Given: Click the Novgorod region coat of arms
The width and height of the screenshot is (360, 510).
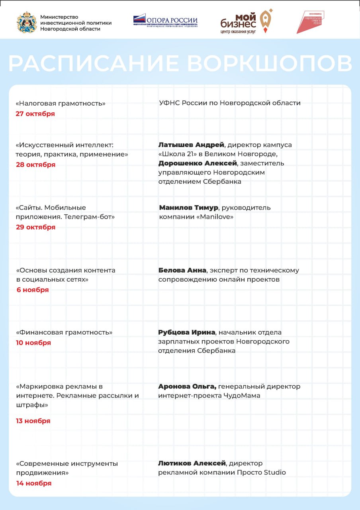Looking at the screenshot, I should [27, 23].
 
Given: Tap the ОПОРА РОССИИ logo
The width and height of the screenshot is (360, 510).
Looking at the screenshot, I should [165, 20].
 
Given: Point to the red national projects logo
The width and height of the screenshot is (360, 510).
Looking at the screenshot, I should [311, 22].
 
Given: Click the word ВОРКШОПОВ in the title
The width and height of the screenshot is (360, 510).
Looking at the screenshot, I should [270, 63].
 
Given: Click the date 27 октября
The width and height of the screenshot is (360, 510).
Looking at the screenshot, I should [35, 114].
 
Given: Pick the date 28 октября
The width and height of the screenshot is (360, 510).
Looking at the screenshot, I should [35, 165].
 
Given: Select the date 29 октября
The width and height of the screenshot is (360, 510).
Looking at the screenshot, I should [35, 227].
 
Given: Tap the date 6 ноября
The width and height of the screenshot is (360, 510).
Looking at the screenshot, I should [33, 290].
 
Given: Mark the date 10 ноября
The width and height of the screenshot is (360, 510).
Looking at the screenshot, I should [33, 343].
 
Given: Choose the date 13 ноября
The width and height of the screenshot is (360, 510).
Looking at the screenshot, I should [33, 421].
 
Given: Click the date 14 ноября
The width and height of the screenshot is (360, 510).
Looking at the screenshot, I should [34, 483].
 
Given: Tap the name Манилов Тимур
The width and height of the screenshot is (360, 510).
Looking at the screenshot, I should [188, 208].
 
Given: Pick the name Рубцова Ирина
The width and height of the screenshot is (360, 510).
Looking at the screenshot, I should [186, 332].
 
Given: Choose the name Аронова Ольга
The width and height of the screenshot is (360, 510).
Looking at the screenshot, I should [187, 386].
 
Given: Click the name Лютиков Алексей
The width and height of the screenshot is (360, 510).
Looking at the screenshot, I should [192, 463].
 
